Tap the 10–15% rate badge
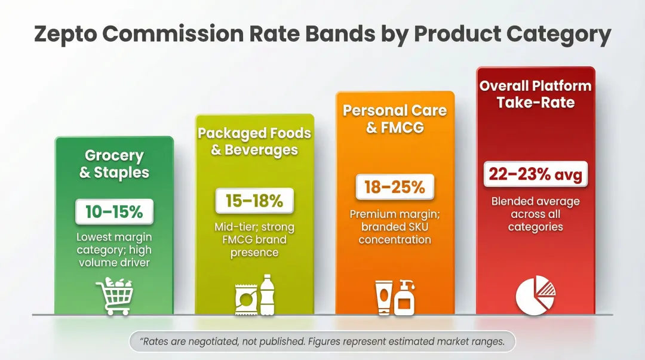pos(114,212)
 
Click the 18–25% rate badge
pos(395,187)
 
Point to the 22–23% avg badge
pos(535,174)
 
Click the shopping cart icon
pos(114,296)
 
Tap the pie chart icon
pos(535,294)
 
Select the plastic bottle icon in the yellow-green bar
pos(266,294)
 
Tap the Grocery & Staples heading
pos(114,164)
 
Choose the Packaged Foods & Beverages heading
pos(254,141)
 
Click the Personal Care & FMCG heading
pos(395,119)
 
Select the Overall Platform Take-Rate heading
pos(535,94)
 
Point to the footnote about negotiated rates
pos(322,342)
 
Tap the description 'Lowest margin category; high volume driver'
pos(114,250)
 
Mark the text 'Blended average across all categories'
pos(535,214)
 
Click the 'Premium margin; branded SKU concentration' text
pos(395,227)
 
